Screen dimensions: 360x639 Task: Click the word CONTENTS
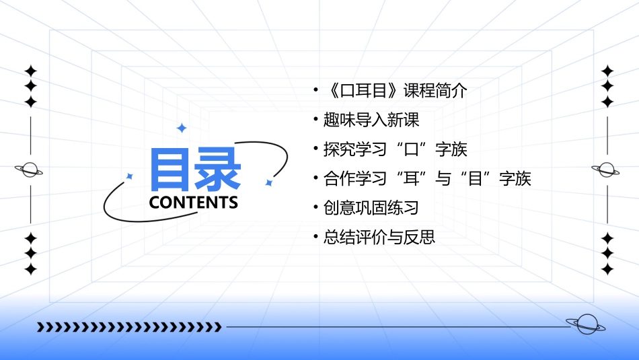click(194, 203)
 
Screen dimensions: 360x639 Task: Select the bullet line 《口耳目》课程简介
click(394, 91)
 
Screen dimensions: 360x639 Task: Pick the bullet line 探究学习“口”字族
click(395, 149)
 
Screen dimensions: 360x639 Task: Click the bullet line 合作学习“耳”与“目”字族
click(426, 178)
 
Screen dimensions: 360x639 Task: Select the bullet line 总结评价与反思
click(379, 237)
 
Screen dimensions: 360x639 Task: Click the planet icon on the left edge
click(30, 170)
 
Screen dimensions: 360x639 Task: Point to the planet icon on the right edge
click(607, 170)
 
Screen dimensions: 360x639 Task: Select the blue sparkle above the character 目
click(181, 128)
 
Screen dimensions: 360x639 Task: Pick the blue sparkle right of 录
click(268, 182)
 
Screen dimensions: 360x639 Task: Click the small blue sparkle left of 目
click(130, 176)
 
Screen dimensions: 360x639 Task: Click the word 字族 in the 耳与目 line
click(515, 178)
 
